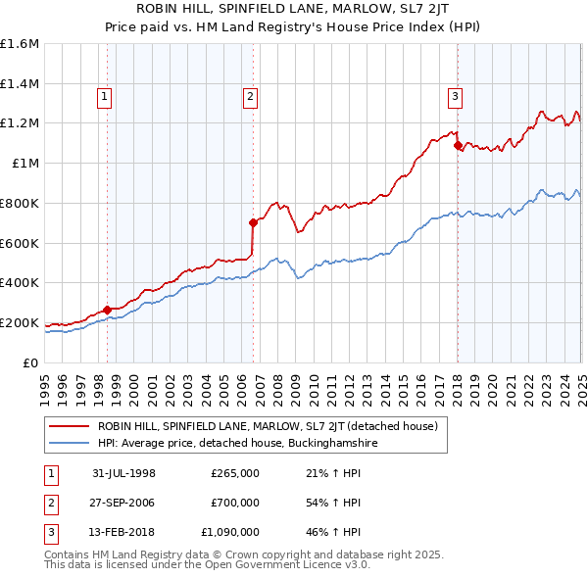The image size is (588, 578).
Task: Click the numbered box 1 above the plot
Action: (104, 96)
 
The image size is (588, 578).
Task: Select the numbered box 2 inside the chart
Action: (251, 96)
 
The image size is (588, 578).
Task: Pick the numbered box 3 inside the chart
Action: (456, 96)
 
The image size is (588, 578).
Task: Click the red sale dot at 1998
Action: (107, 310)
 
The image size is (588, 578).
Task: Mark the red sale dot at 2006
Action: (253, 222)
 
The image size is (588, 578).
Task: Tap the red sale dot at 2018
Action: (458, 145)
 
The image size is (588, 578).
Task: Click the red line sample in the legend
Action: (69, 426)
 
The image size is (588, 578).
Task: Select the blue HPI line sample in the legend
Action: (69, 443)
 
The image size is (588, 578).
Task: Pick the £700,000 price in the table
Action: (235, 503)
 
